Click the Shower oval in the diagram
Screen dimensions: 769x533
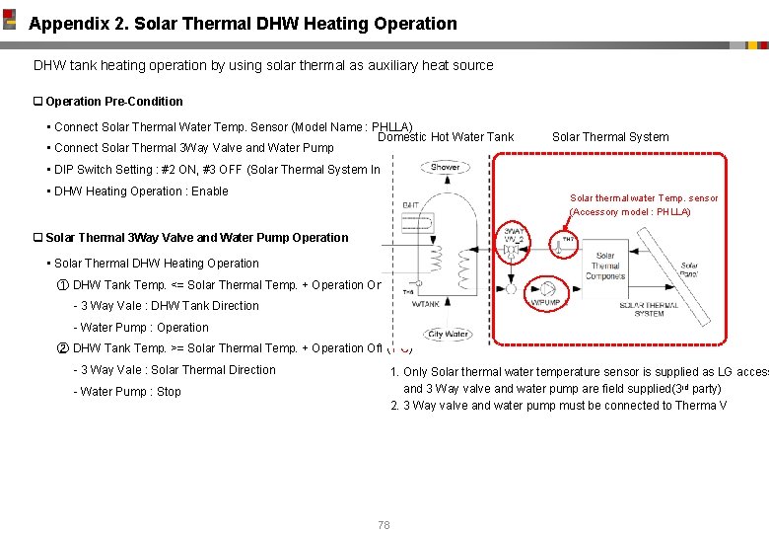445,167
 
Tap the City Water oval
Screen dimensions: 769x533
449,334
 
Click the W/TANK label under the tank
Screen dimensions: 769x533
426,304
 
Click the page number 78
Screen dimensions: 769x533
384,525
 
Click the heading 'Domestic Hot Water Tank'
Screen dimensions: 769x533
446,137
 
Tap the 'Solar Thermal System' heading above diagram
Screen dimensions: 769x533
609,137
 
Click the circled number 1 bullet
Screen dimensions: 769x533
63,285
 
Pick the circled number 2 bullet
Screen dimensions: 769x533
63,348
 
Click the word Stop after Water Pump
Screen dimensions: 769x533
169,392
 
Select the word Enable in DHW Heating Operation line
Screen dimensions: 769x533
210,191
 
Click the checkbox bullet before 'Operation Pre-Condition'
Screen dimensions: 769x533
38,102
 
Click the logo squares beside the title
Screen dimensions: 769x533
10,19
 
